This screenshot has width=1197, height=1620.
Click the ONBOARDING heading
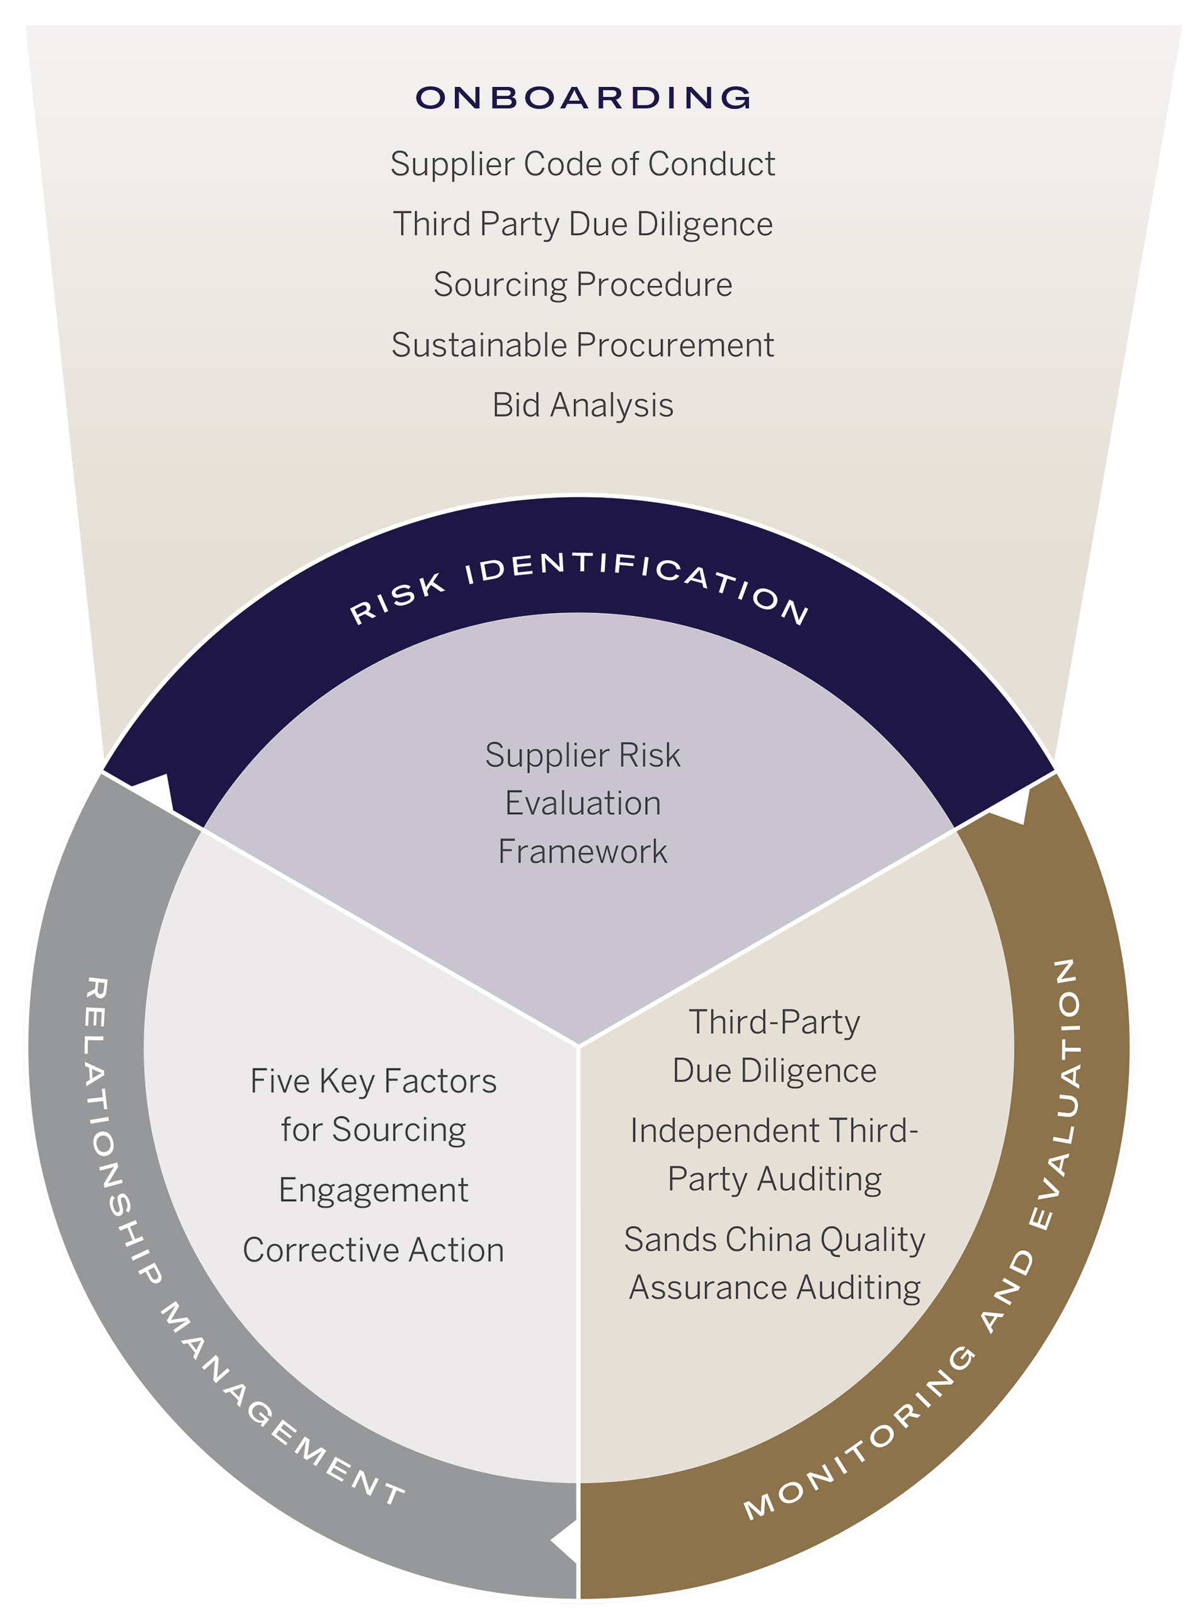583,98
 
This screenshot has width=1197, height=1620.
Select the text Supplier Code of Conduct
583,164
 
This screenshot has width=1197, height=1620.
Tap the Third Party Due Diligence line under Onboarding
583,224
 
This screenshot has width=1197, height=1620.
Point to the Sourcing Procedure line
583,285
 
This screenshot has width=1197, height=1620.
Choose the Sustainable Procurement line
583,345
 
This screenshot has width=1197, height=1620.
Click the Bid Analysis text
583,405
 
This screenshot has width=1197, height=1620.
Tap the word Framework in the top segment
583,851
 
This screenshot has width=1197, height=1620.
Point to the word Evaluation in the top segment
583,803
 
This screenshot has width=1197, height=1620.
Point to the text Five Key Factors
373,1081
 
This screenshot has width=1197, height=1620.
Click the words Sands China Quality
774,1239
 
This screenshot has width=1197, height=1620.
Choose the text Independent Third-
774,1131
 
